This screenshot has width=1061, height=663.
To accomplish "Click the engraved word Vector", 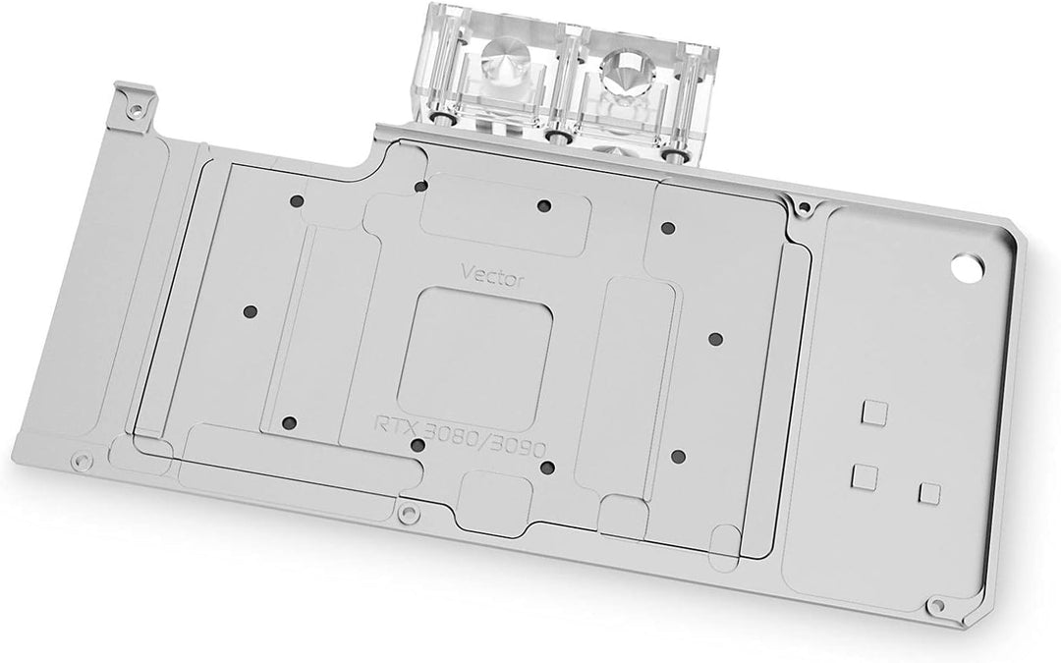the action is [492, 275].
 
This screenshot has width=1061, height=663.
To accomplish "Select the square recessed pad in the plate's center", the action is [475, 358].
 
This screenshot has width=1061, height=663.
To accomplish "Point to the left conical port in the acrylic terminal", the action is [503, 53].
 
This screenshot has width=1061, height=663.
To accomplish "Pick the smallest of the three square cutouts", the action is [929, 493].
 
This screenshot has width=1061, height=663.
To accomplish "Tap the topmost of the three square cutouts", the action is [873, 413].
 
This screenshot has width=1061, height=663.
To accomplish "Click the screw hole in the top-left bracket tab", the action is [136, 108].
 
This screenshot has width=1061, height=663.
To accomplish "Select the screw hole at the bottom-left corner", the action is [82, 462].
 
